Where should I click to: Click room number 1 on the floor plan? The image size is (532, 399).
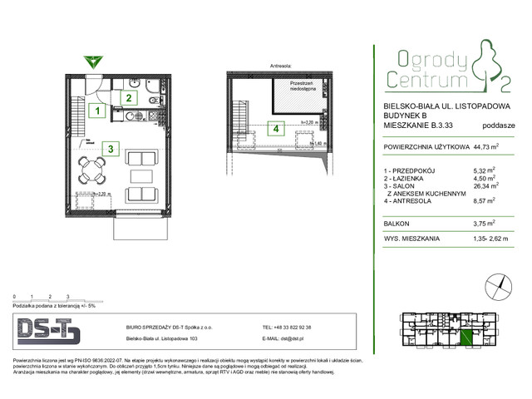(x=97, y=110)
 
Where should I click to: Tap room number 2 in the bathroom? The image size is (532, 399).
(x=129, y=96)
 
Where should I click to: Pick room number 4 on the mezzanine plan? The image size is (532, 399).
(x=273, y=129)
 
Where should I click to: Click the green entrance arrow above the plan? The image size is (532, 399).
(x=94, y=61)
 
